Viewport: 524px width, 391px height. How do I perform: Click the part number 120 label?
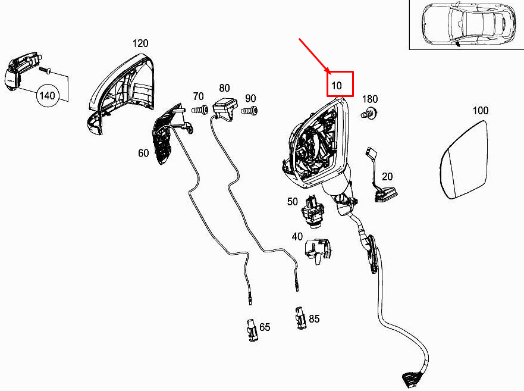point(140,43)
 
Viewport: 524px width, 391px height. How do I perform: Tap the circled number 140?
point(47,96)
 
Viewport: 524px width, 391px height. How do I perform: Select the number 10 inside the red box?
point(337,86)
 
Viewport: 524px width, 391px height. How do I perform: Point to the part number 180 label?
point(370,99)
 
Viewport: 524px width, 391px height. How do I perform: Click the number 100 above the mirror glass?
point(481,111)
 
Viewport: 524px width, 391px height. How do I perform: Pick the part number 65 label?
point(265,327)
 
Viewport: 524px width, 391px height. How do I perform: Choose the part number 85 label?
point(314,319)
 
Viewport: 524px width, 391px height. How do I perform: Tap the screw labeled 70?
point(200,110)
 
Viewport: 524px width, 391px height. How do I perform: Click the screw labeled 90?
point(250,110)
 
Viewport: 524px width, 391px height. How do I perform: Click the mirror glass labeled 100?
point(463,160)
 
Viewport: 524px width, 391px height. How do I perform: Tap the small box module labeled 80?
point(225,106)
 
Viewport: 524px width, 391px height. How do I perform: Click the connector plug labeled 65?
point(252,330)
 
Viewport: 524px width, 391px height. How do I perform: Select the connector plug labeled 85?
point(300,318)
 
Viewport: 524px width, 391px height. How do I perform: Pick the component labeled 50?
point(313,212)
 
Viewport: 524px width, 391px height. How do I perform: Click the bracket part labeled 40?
point(318,251)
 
